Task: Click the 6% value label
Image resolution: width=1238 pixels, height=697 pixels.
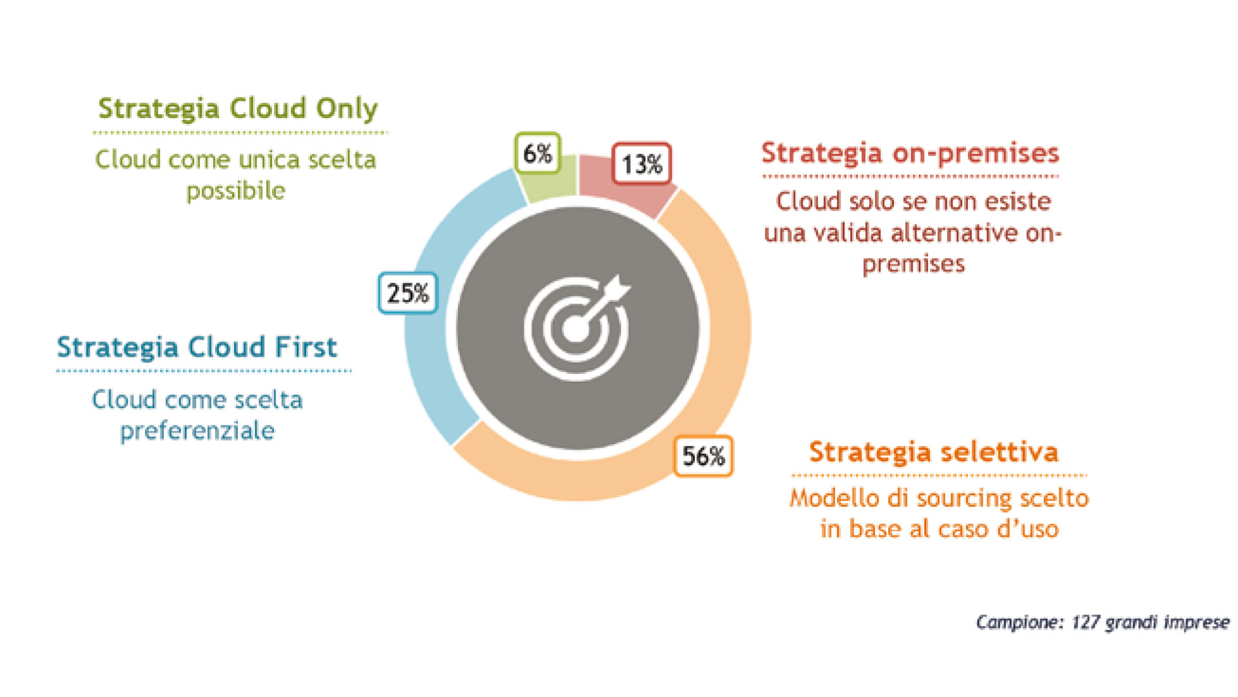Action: [537, 153]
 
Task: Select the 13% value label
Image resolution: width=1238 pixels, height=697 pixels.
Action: [641, 164]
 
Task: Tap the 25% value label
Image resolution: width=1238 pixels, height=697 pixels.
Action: [408, 293]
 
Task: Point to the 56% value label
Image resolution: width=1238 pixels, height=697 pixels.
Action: [703, 456]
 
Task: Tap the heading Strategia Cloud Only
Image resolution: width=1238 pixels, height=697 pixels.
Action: [238, 109]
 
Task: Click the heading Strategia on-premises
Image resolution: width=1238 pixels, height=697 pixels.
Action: [910, 153]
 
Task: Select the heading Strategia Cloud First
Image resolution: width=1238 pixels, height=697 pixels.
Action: [197, 348]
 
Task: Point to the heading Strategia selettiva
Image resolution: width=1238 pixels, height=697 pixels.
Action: [934, 452]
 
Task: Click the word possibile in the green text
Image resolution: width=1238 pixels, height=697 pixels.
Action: [236, 191]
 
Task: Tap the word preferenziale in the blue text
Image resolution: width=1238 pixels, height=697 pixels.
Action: [197, 431]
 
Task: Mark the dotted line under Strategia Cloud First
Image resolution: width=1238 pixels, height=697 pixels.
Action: [204, 371]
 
